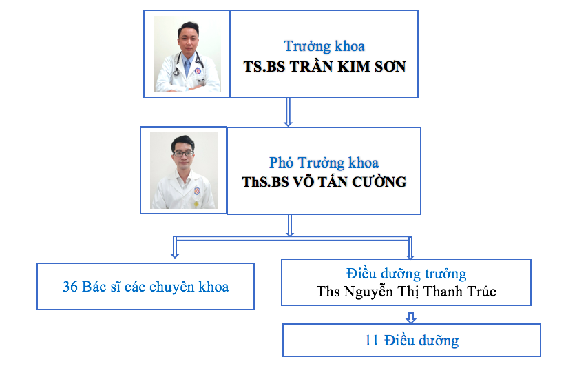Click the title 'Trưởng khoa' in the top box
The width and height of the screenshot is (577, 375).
[x=324, y=46]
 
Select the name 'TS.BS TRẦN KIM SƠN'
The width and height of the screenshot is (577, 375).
[x=324, y=67]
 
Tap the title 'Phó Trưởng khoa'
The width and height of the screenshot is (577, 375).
[x=324, y=163]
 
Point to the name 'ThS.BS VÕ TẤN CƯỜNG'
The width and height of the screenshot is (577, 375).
[x=324, y=181]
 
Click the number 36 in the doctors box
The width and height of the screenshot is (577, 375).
[x=70, y=287]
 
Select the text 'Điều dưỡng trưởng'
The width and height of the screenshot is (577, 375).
[x=406, y=274]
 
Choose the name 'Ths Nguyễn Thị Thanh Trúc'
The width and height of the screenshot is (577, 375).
[x=406, y=292]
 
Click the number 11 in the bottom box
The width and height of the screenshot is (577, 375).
[x=372, y=341]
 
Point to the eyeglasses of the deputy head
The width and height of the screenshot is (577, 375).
[x=183, y=154]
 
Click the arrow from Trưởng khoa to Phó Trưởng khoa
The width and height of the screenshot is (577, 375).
[x=288, y=112]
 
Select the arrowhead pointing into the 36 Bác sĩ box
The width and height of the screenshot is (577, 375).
[x=175, y=254]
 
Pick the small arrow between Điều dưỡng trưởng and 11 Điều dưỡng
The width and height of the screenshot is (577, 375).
[x=411, y=318]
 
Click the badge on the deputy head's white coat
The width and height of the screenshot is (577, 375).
[x=197, y=191]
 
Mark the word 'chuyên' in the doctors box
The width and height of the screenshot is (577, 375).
[x=173, y=287]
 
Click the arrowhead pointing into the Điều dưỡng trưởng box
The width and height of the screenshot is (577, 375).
[x=410, y=255]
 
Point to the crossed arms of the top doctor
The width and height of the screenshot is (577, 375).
[x=187, y=88]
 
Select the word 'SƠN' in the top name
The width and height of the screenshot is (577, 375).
[x=390, y=67]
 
